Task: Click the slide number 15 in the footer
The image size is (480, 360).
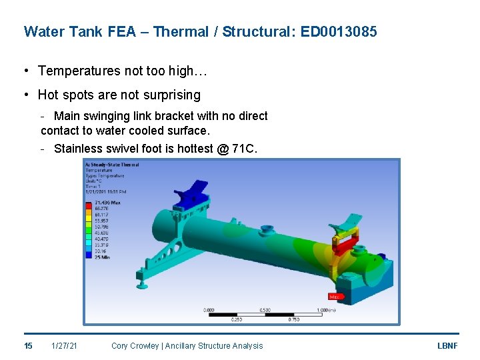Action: pyautogui.click(x=28, y=345)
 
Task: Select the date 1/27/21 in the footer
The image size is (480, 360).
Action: pyautogui.click(x=64, y=345)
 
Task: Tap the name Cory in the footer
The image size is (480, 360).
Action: pyautogui.click(x=120, y=345)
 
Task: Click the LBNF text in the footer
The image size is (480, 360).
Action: pyautogui.click(x=447, y=345)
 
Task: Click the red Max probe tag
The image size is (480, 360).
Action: pyautogui.click(x=335, y=297)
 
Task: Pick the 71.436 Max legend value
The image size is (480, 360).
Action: pyautogui.click(x=106, y=201)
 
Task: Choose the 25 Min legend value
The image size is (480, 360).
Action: pyautogui.click(x=102, y=257)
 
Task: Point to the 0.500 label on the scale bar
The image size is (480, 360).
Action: pyautogui.click(x=265, y=310)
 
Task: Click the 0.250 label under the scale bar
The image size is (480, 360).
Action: pyautogui.click(x=236, y=319)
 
